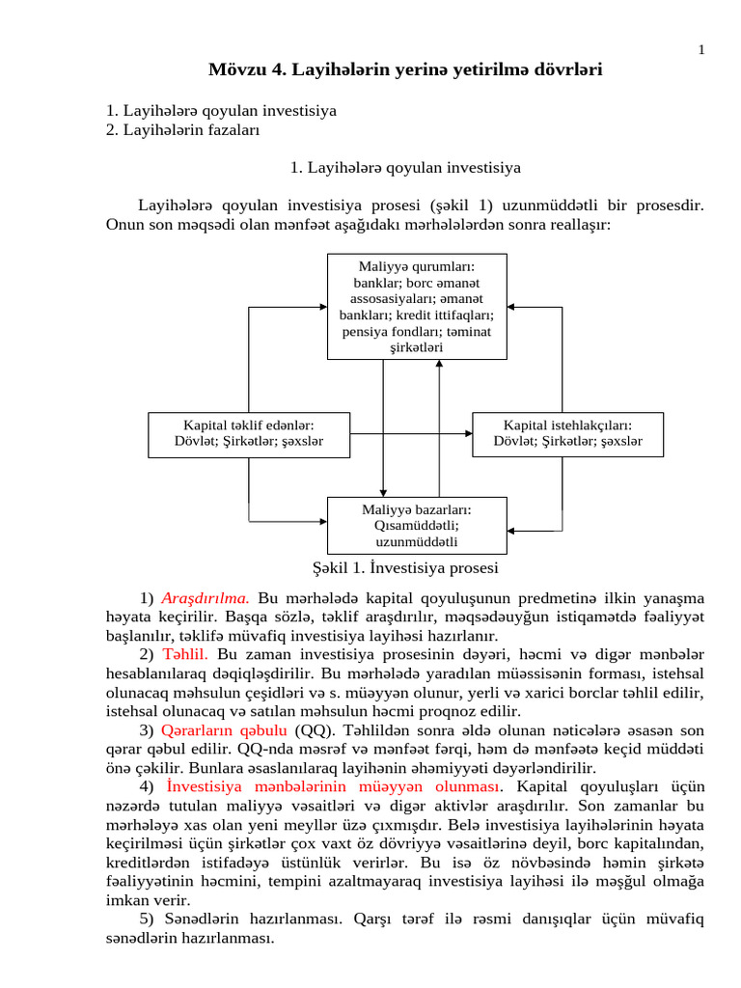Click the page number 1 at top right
[x=701, y=50]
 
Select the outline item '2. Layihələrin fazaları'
[x=182, y=129]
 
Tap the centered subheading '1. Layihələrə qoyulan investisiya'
[x=405, y=168]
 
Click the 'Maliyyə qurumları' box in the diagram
[x=417, y=306]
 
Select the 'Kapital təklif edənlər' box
[x=249, y=433]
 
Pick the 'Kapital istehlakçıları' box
[x=566, y=433]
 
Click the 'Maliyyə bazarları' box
[x=417, y=525]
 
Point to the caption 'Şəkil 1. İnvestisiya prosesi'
[x=405, y=568]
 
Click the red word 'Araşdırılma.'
[x=206, y=598]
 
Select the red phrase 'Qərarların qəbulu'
[x=224, y=728]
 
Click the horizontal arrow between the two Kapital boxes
[x=410, y=434]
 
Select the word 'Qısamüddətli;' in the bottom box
[x=417, y=526]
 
